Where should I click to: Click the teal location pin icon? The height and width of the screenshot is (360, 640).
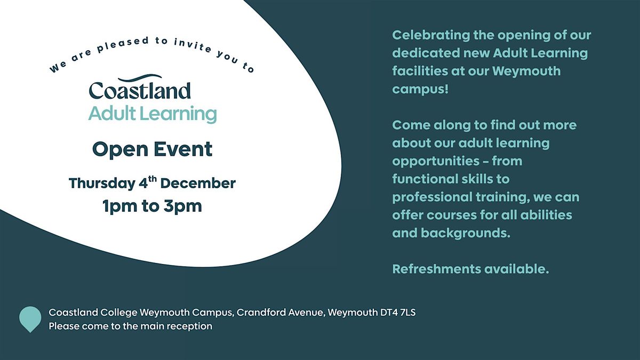point(30,318)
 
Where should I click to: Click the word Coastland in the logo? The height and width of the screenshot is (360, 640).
point(140,91)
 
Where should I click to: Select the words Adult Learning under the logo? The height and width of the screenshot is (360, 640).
point(153,114)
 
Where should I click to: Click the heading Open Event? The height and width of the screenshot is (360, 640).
point(153,149)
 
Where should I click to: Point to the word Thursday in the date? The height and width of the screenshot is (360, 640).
point(101,183)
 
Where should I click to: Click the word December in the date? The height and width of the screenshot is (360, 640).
point(198,183)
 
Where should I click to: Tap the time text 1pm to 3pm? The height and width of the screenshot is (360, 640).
point(153,206)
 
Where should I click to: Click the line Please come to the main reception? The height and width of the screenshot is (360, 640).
point(130,326)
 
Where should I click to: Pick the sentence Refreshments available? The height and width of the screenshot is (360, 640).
point(470,269)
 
